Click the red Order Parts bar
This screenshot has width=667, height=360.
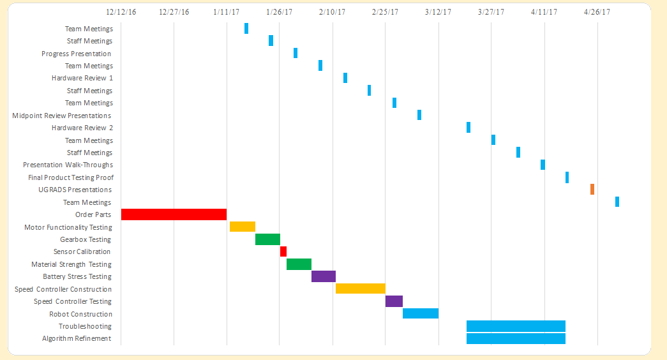[174, 214]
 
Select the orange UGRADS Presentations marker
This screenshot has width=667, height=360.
[592, 190]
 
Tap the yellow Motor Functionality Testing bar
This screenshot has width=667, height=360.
[243, 227]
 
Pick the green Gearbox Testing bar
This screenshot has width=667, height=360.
[267, 239]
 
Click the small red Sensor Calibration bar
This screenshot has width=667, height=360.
[283, 251]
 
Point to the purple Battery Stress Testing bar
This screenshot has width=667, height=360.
[324, 276]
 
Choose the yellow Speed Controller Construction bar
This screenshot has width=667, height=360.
[361, 289]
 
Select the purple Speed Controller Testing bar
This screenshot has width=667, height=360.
[394, 301]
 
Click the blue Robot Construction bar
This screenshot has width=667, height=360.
[421, 313]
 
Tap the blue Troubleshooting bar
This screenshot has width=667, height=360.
[516, 326]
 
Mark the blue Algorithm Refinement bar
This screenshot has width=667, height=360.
[516, 338]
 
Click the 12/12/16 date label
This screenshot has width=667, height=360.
[121, 12]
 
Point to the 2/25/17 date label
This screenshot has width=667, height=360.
[385, 12]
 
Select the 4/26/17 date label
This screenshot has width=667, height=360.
[597, 12]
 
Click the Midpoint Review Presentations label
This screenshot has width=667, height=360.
[62, 116]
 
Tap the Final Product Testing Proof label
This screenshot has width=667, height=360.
[71, 177]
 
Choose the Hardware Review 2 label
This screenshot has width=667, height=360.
[82, 128]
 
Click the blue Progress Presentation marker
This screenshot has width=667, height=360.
[296, 53]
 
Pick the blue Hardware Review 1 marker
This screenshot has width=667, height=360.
[345, 78]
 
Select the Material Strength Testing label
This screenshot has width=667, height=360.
[71, 264]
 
